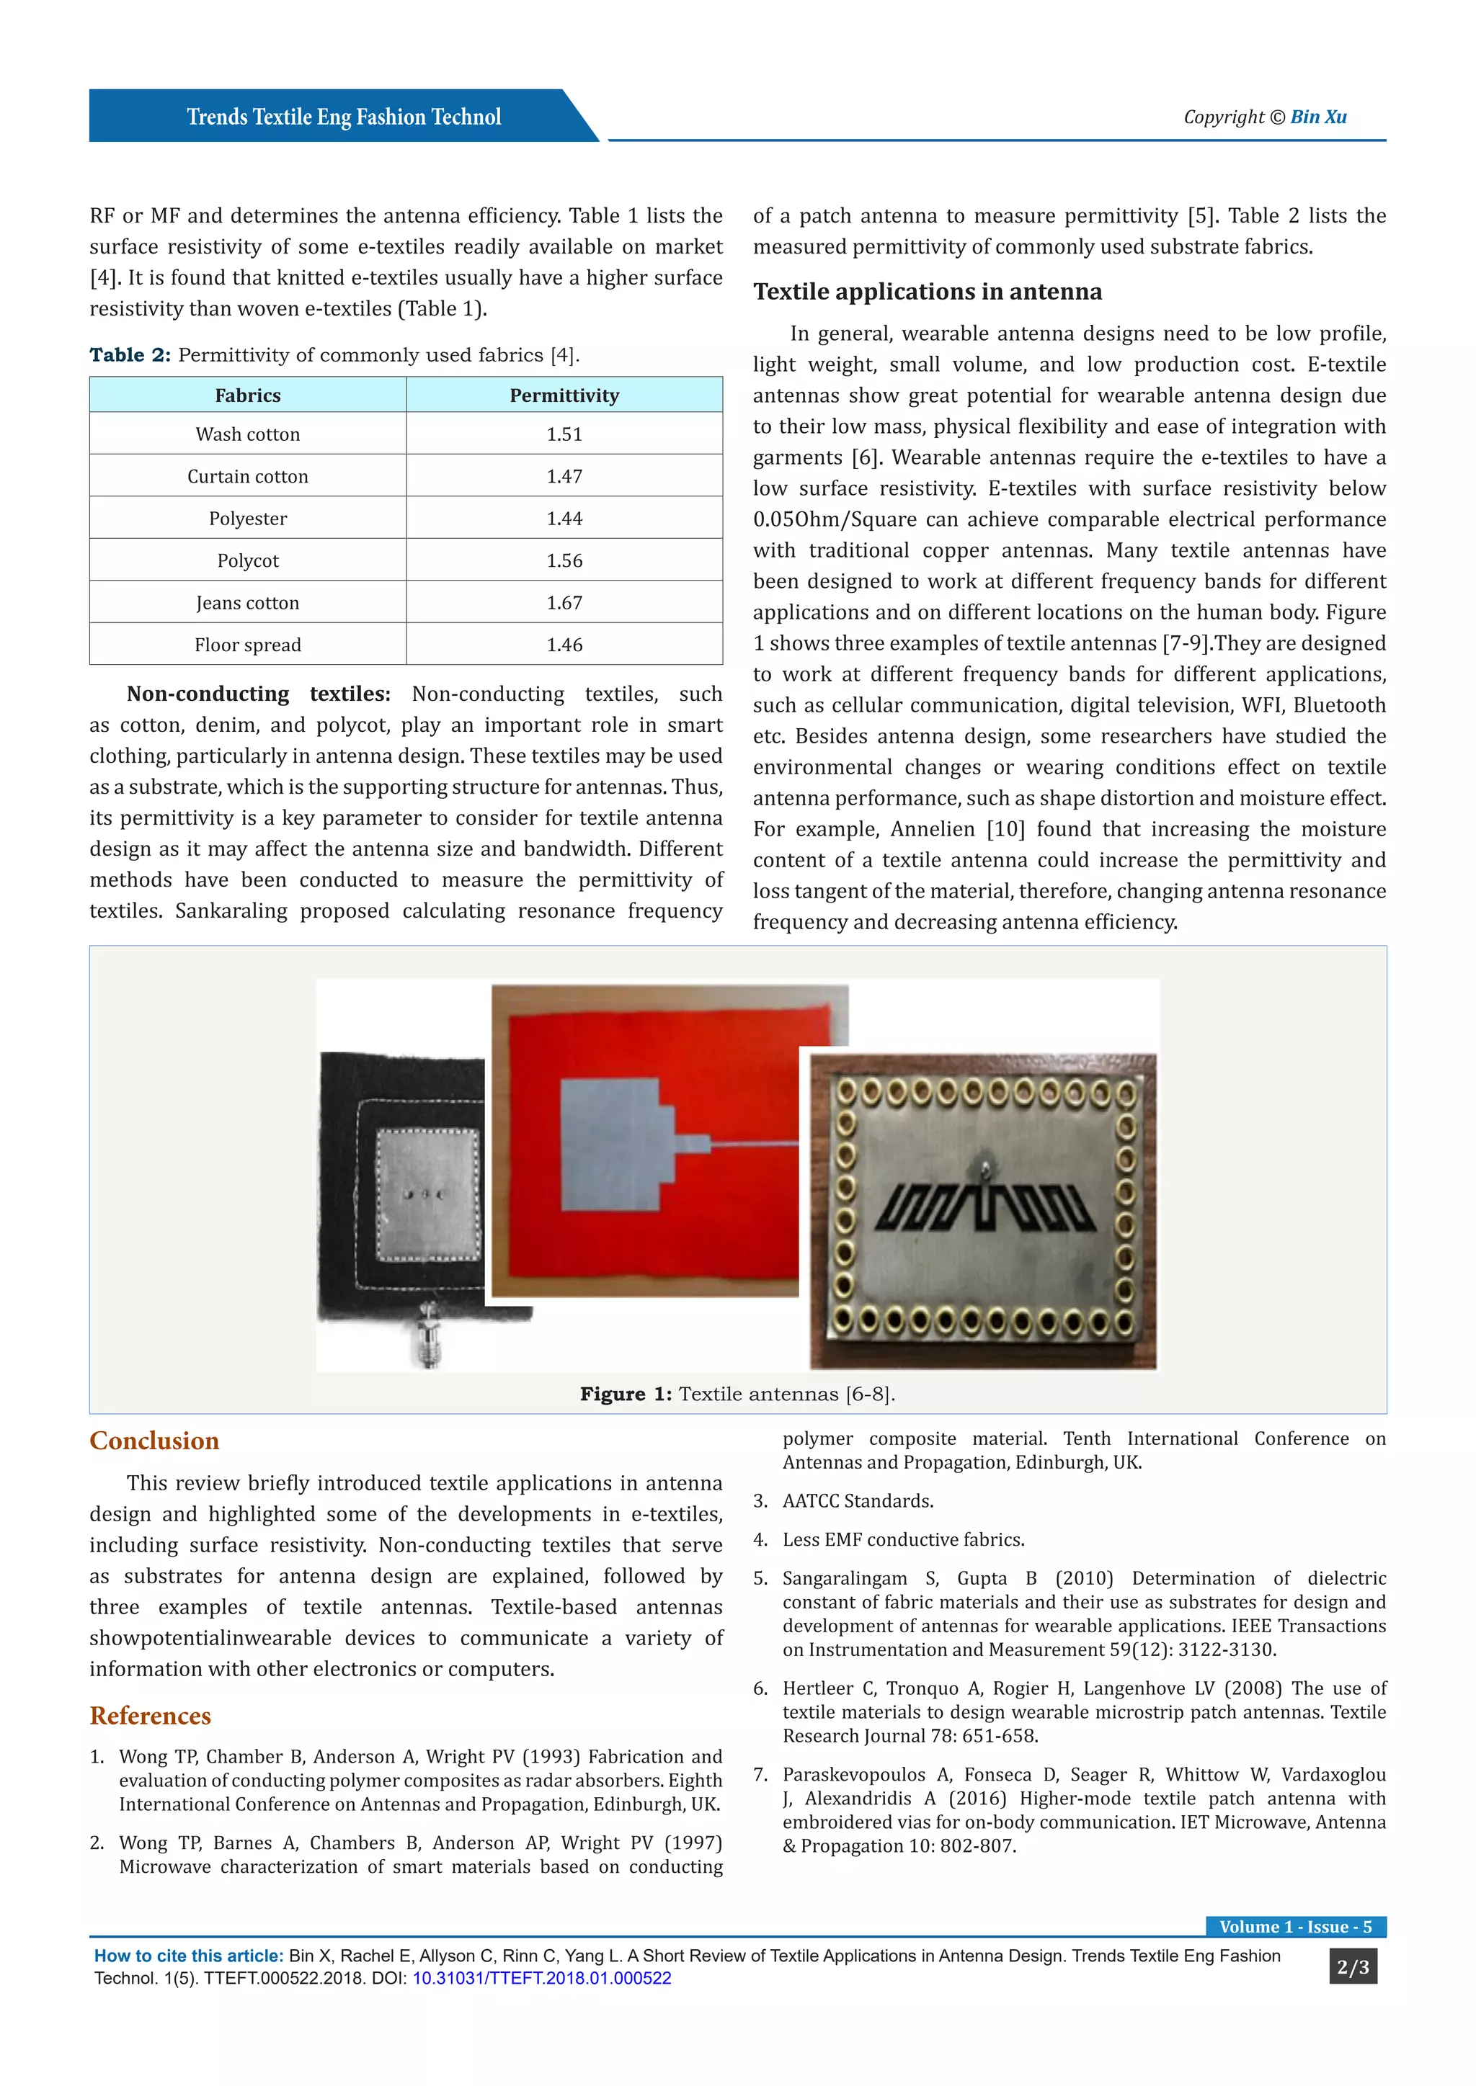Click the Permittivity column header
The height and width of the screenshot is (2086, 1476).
(x=564, y=395)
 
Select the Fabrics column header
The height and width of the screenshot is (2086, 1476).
(x=247, y=395)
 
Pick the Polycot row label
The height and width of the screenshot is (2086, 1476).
(x=247, y=560)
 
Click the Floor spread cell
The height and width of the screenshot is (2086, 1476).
(x=247, y=645)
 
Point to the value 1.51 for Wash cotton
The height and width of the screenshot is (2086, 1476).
(x=564, y=434)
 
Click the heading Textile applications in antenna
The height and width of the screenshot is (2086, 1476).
(x=927, y=292)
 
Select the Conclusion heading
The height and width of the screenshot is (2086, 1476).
(x=154, y=1441)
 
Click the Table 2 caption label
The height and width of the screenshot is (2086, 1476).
(x=130, y=355)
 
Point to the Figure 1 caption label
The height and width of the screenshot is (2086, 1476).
(x=626, y=1394)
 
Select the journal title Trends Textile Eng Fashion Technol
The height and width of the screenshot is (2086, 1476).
(x=344, y=117)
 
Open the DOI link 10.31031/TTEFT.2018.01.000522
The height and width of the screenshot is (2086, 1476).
(x=542, y=1978)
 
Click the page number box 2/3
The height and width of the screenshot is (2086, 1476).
(x=1352, y=1967)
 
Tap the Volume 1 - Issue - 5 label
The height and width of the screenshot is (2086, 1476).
(x=1295, y=1927)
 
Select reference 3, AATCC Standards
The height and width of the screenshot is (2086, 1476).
(x=857, y=1501)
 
